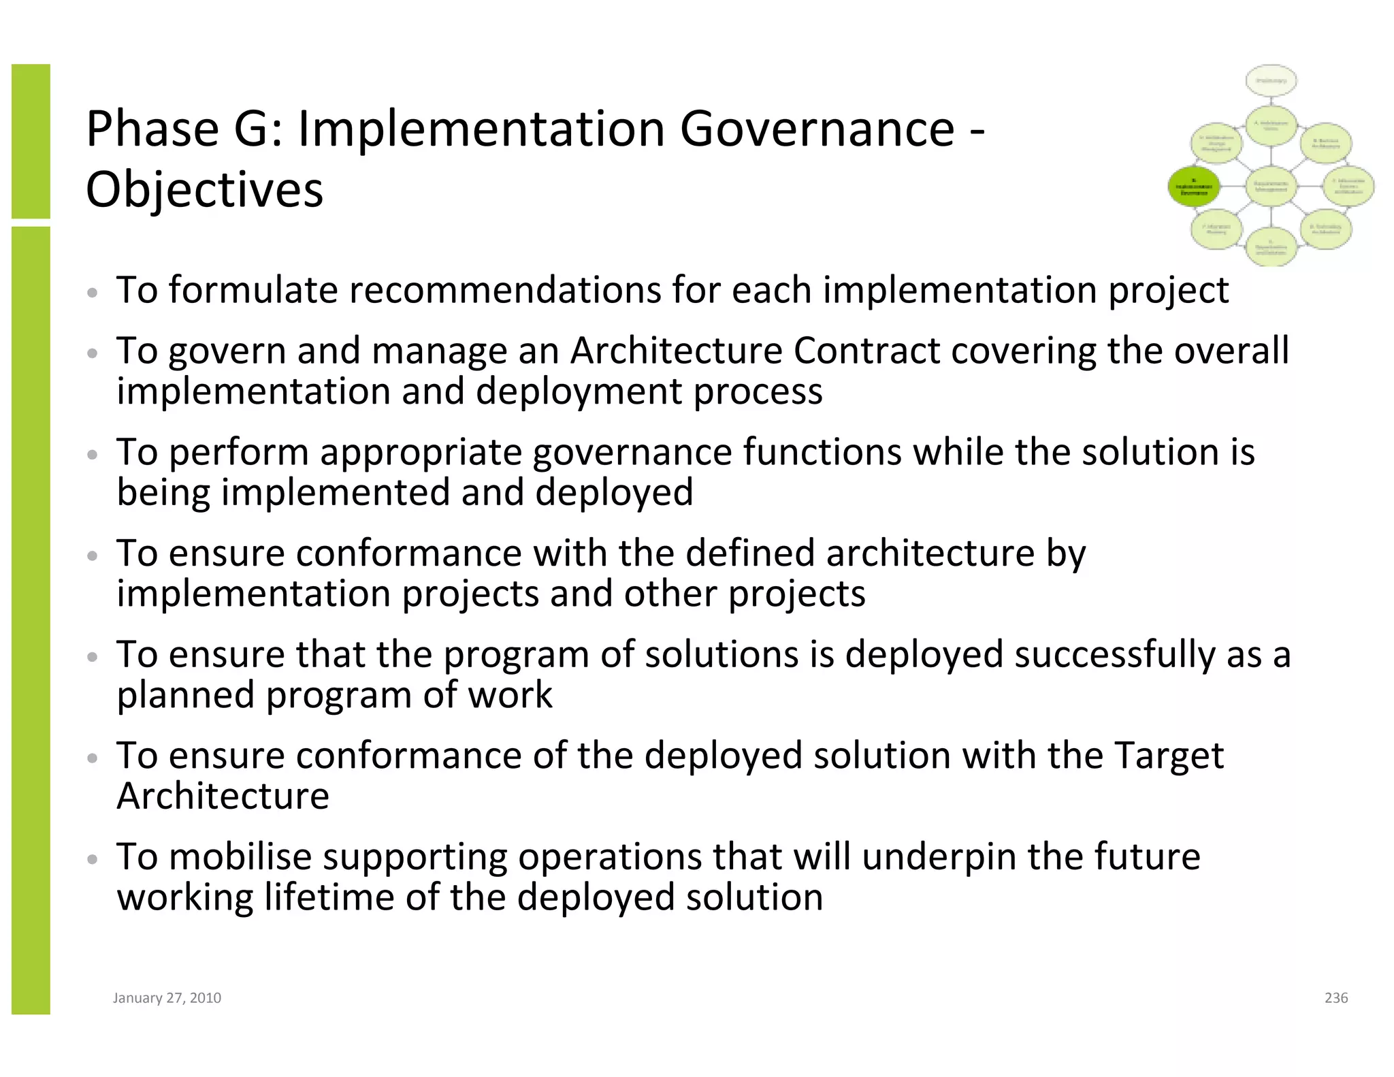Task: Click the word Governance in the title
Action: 817,129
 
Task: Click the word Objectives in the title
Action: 204,190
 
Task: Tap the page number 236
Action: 1335,998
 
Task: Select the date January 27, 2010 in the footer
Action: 167,998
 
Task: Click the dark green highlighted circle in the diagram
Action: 1194,186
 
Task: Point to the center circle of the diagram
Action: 1271,186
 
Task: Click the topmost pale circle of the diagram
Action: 1271,81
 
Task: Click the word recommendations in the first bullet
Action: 504,290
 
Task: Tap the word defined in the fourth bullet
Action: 749,553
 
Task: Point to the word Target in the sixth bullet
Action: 1168,756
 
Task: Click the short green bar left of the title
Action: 31,141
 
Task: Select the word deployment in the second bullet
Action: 578,391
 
